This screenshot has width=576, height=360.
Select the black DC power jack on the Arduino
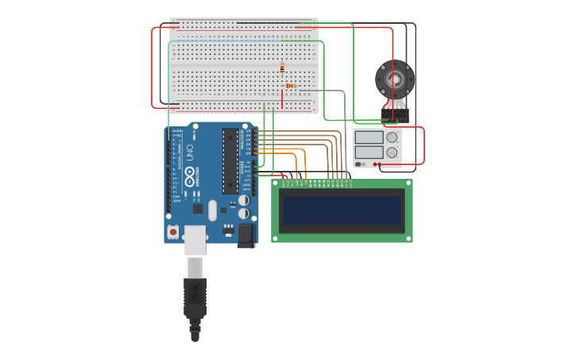(x=245, y=234)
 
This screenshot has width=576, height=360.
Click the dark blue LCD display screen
(x=342, y=211)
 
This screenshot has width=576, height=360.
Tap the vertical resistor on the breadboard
(x=282, y=68)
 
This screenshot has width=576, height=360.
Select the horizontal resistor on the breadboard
(x=290, y=86)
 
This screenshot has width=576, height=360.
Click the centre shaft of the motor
(x=395, y=79)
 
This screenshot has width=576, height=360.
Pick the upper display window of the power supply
(x=369, y=137)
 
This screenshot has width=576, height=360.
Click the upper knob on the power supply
(x=392, y=137)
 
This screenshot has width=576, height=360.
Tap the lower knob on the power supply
(x=392, y=152)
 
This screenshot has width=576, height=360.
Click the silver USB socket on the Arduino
(x=195, y=238)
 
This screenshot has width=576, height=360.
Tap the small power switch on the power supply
(x=360, y=165)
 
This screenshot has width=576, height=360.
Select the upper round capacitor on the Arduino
(x=244, y=201)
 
